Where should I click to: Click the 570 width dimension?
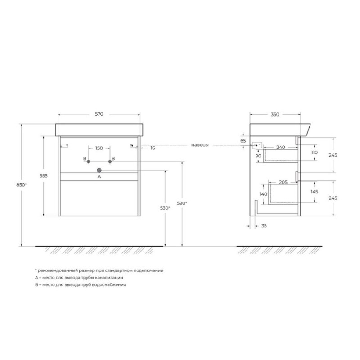point(99,114)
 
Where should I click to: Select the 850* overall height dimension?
point(21,185)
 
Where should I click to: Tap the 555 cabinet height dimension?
point(44,176)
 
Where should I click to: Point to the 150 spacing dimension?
point(99,148)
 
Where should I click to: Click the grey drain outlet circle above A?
point(99,170)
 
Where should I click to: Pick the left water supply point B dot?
point(88,162)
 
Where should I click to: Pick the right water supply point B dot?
point(110,162)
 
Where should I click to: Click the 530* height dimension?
point(165,208)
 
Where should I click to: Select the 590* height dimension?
point(182,203)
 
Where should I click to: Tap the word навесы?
point(200,145)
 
